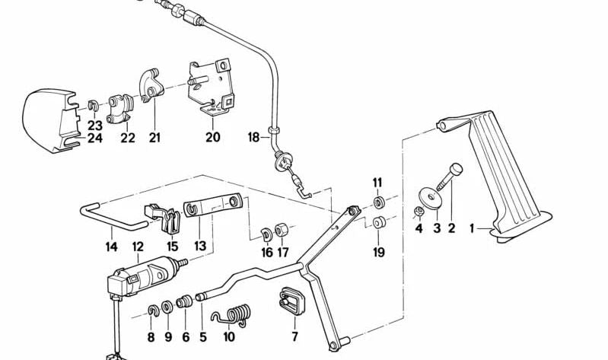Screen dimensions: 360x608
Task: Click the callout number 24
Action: pyautogui.click(x=94, y=138)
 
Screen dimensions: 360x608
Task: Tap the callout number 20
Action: pyautogui.click(x=213, y=138)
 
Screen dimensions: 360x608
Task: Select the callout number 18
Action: pyautogui.click(x=254, y=139)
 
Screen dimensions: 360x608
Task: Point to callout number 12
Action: pyautogui.click(x=138, y=247)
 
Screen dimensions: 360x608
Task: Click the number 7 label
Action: pyautogui.click(x=294, y=336)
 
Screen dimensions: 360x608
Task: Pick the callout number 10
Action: pyautogui.click(x=229, y=336)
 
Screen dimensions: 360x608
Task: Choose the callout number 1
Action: pyautogui.click(x=473, y=228)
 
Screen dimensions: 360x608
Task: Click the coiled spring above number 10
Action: pyautogui.click(x=229, y=314)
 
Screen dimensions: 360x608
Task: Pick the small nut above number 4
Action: pyautogui.click(x=419, y=210)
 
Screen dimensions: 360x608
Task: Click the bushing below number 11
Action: pyautogui.click(x=378, y=203)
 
